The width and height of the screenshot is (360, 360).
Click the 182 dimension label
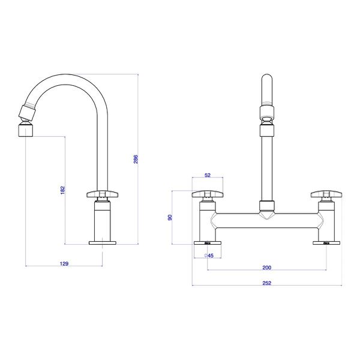click(x=63, y=190)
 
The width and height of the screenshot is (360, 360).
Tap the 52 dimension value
click(x=208, y=175)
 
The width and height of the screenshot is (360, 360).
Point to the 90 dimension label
click(x=170, y=218)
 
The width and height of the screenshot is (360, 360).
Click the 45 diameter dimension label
click(x=209, y=256)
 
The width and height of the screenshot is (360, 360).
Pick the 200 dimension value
click(x=267, y=267)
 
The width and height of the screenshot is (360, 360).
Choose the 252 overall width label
click(x=267, y=283)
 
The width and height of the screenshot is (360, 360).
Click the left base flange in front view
click(x=208, y=243)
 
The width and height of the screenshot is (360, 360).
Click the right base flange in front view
click(x=328, y=243)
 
